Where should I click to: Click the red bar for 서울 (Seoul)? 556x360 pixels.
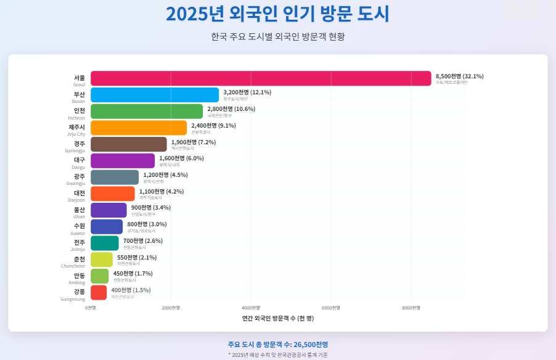click(x=261, y=78)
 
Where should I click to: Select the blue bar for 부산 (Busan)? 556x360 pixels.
click(x=155, y=95)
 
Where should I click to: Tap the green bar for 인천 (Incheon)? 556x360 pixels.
click(x=147, y=111)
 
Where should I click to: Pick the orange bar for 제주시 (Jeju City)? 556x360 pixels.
click(x=139, y=128)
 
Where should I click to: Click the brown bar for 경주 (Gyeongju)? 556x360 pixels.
click(x=129, y=144)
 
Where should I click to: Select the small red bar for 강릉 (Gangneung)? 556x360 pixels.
click(x=99, y=293)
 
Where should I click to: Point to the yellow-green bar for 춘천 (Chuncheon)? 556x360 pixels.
click(x=102, y=260)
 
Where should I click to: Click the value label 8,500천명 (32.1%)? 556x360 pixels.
click(x=459, y=76)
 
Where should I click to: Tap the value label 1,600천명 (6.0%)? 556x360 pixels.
click(x=181, y=158)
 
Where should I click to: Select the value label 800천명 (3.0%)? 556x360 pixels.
click(x=147, y=224)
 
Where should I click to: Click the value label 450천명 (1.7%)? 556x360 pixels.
click(x=133, y=274)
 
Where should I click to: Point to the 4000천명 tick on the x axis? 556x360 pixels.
click(x=251, y=308)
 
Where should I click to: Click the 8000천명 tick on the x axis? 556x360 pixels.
click(x=411, y=308)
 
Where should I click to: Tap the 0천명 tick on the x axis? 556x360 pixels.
click(x=91, y=308)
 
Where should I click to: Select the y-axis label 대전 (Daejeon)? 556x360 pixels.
click(x=79, y=193)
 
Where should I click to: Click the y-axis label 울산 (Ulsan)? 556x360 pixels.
click(x=79, y=210)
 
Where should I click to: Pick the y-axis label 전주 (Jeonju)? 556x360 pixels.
click(x=79, y=243)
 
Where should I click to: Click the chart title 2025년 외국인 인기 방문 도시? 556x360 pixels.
click(x=277, y=14)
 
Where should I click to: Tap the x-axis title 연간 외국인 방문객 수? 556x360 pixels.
click(x=278, y=319)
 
